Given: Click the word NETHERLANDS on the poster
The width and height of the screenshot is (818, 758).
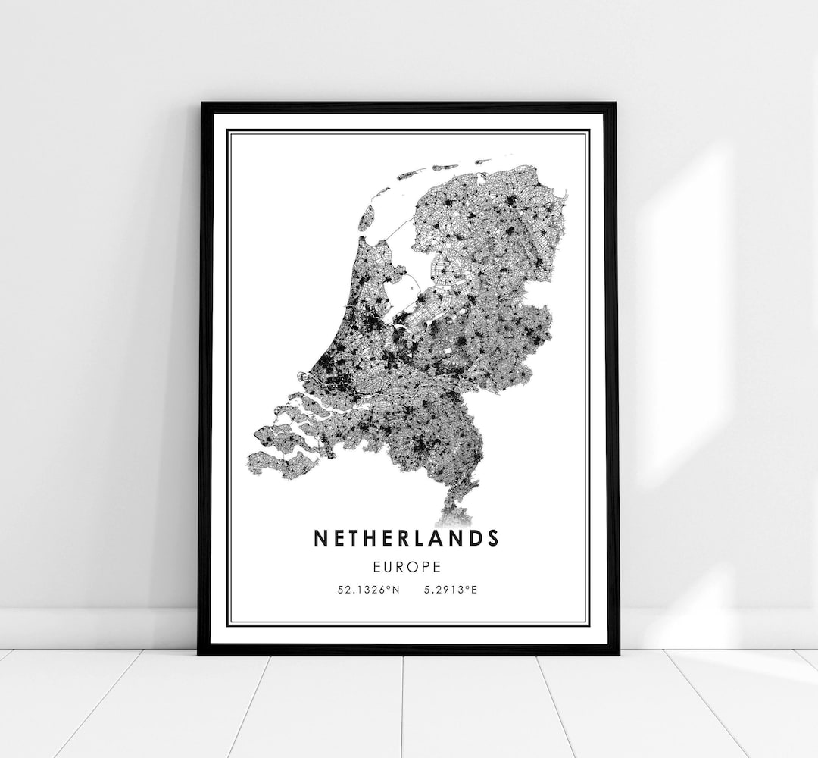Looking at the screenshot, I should (406, 538).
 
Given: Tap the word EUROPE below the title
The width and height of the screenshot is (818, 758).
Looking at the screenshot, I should (407, 565).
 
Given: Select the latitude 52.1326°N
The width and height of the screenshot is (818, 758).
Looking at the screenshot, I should (369, 589).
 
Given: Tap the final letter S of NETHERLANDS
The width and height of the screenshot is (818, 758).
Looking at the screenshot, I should (493, 538).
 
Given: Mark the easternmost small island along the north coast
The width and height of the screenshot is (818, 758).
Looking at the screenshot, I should (482, 161).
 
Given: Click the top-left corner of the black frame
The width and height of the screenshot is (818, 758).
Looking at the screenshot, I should (201, 104).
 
